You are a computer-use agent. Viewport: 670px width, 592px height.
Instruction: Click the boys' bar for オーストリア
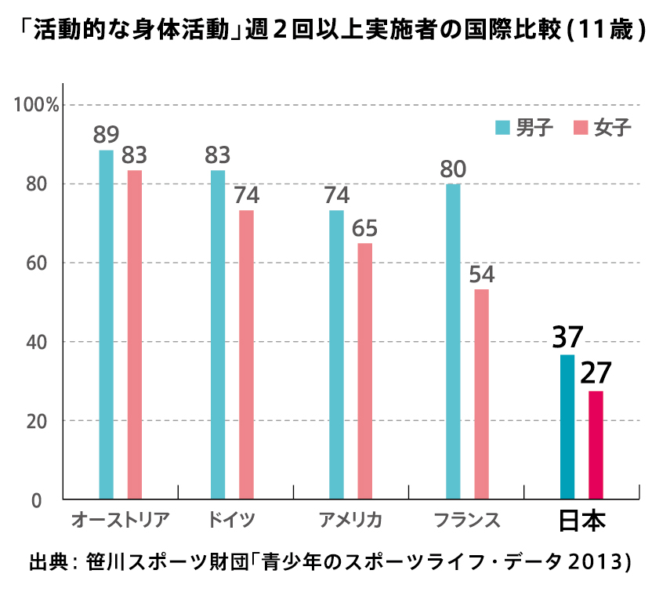point(106,324)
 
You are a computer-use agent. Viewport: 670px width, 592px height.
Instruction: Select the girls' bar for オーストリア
point(135,334)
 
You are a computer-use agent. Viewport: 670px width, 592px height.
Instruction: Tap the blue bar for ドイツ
point(218,334)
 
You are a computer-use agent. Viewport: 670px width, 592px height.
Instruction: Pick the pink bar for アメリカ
point(365,371)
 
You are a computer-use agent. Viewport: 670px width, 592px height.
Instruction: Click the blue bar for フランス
point(453,341)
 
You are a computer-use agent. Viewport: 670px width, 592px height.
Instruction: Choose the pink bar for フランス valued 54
point(481,394)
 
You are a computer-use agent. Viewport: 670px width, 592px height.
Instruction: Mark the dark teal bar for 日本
point(567,427)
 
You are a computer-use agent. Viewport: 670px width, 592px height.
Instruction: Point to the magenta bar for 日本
point(596,445)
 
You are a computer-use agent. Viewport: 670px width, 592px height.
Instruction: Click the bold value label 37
point(567,337)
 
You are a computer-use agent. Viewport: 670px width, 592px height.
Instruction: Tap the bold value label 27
point(596,373)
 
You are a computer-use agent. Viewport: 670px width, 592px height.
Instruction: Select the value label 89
point(106,135)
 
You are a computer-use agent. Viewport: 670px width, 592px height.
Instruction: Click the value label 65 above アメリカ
point(365,228)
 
